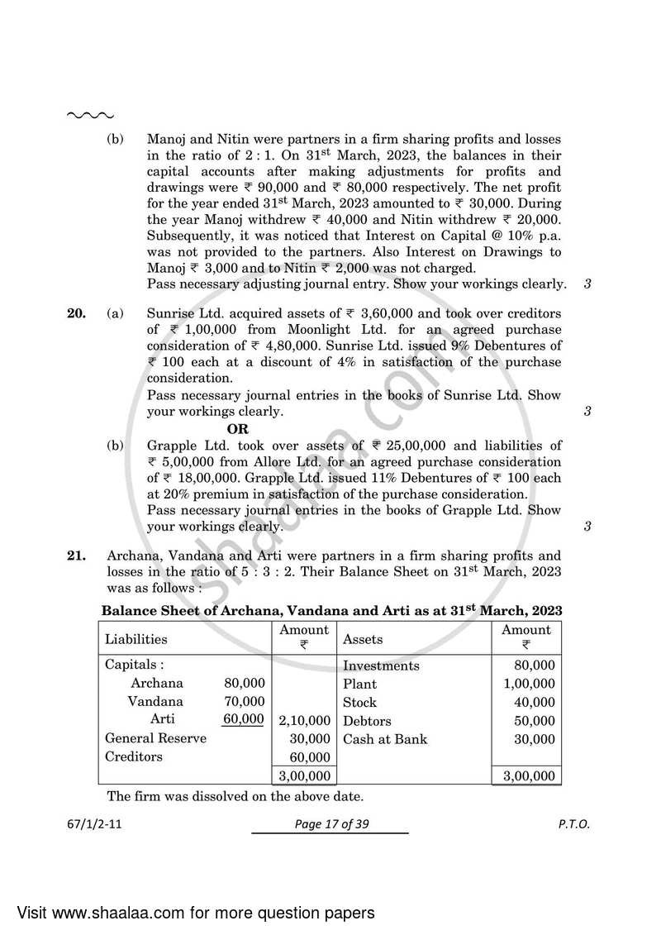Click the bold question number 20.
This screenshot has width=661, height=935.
click(75, 313)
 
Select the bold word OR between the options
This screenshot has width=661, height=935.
click(238, 429)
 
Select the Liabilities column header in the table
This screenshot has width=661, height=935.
click(136, 639)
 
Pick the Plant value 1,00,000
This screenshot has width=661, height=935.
click(529, 684)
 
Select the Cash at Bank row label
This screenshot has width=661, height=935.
click(385, 739)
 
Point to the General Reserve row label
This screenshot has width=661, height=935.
click(155, 738)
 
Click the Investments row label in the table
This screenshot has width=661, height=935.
click(381, 665)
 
